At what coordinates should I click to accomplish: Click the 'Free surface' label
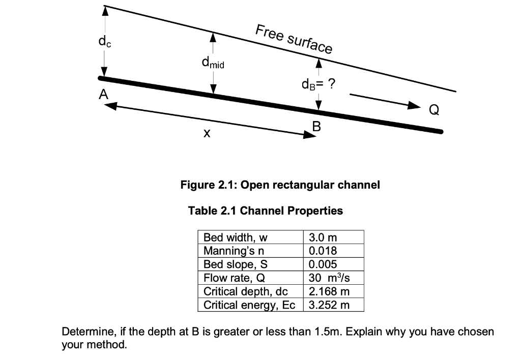pos(294,39)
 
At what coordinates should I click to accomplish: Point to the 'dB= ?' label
pos(318,84)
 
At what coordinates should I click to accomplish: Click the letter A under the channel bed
pos(104,95)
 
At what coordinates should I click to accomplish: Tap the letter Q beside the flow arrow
pos(434,109)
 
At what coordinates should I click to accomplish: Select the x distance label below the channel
pos(206,133)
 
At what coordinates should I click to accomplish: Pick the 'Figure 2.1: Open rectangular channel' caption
pos(280,185)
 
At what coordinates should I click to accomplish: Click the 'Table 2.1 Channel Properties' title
pos(266,211)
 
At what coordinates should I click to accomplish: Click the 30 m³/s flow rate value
pos(328,278)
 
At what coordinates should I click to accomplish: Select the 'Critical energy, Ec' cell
pos(249,305)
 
